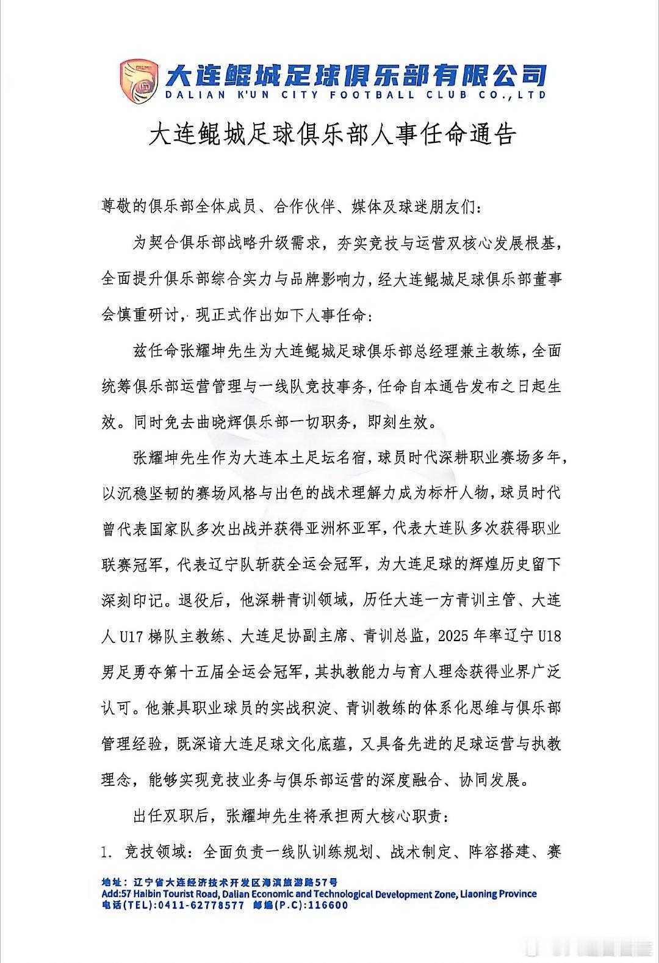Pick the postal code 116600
pyautogui.click(x=328, y=905)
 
